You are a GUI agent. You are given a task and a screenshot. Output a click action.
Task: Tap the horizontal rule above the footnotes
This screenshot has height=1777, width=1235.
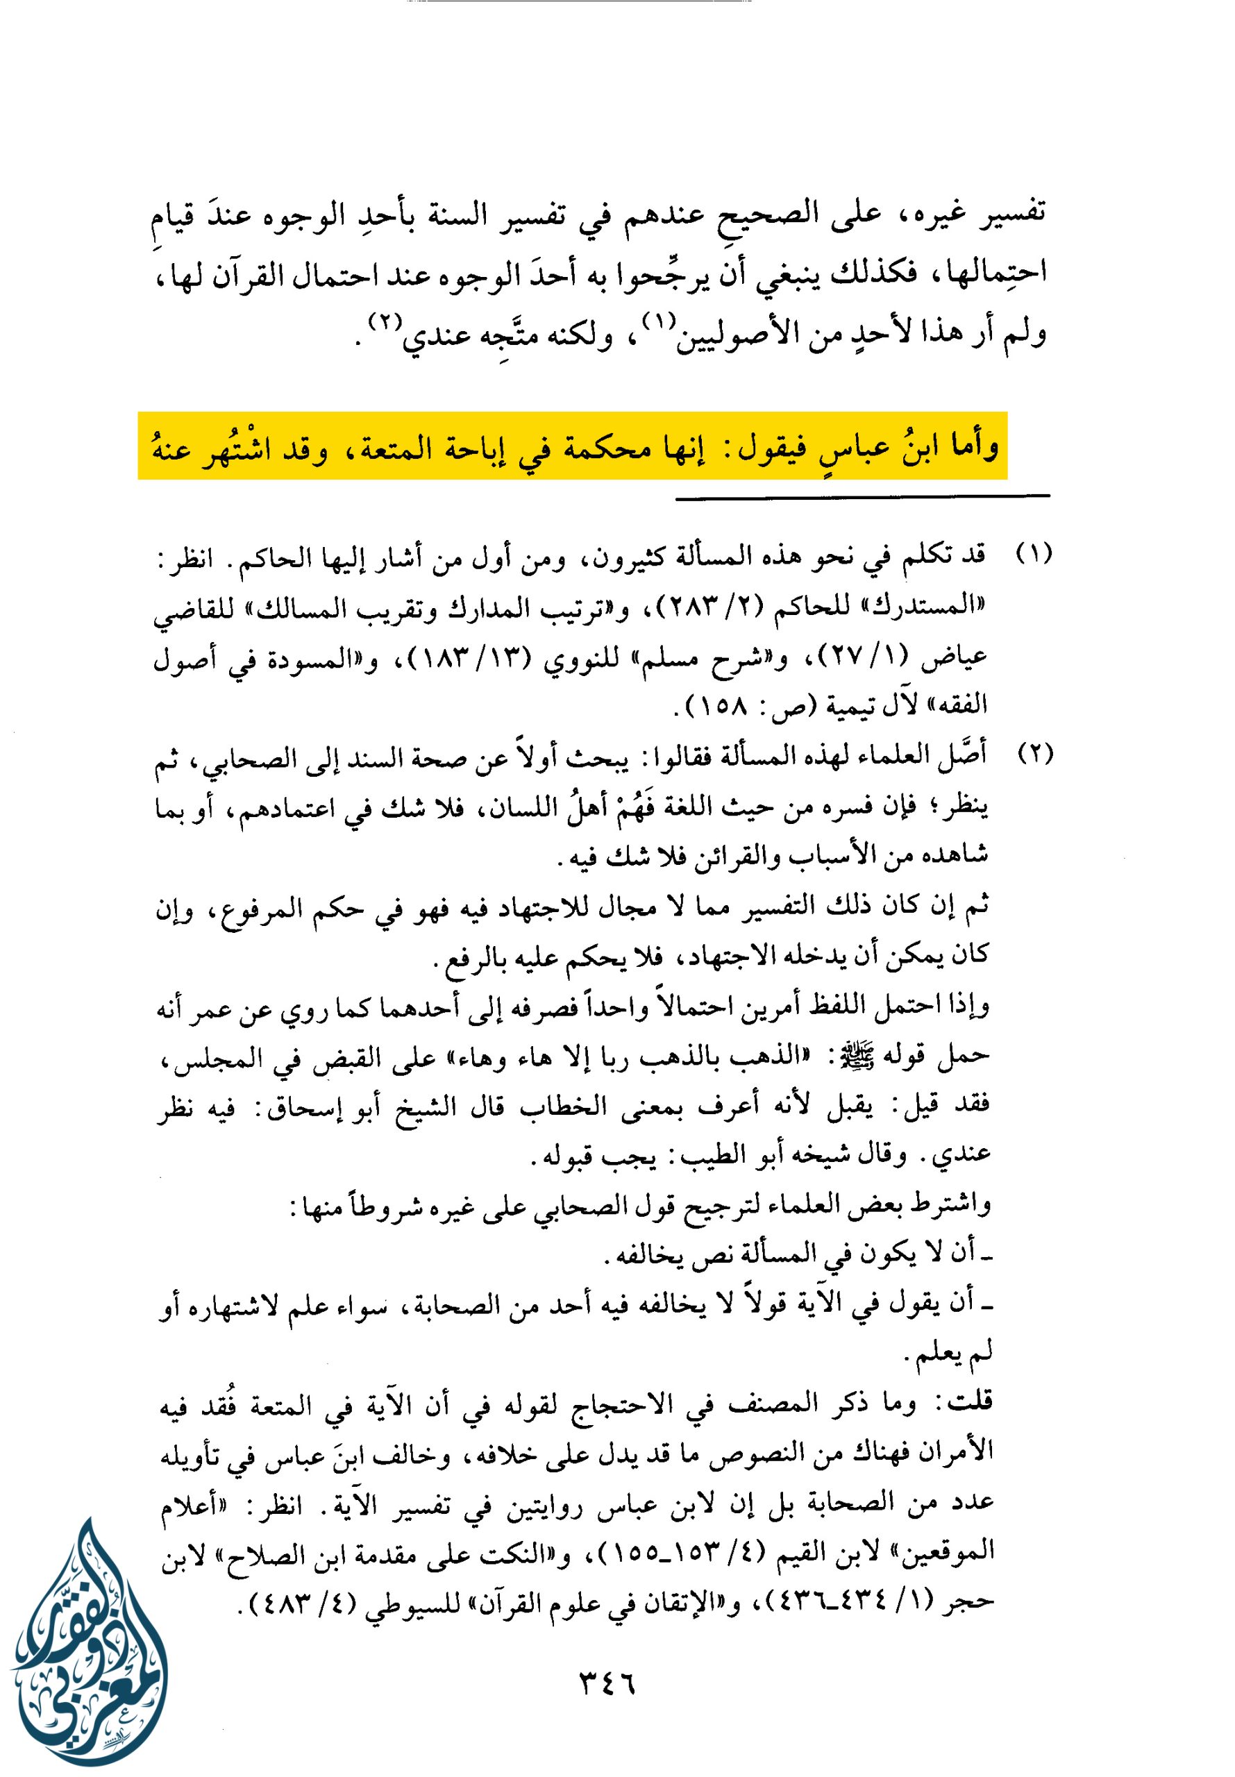[x=862, y=495]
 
